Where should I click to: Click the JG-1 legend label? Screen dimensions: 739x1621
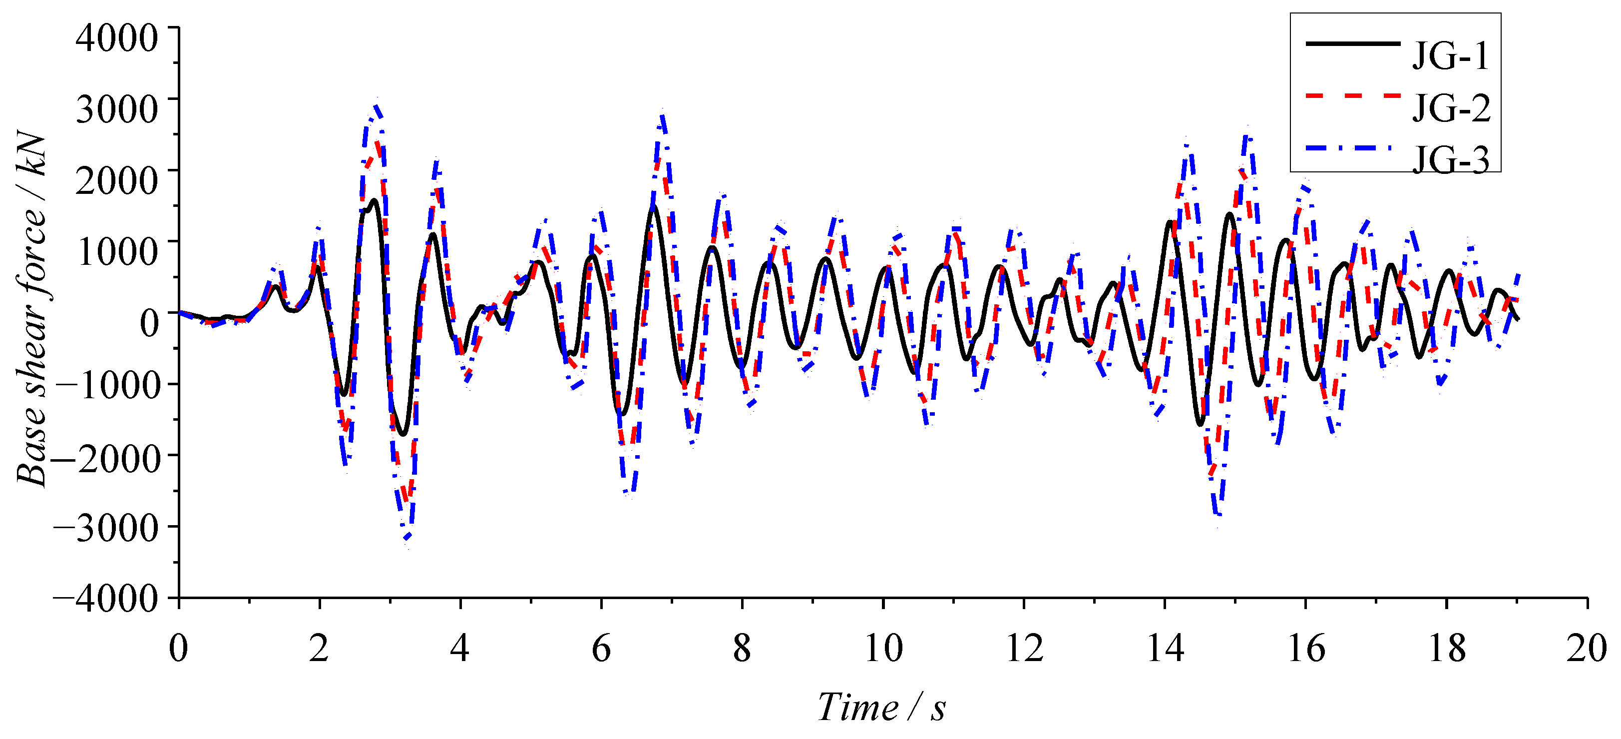(1451, 56)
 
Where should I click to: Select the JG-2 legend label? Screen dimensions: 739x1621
(1451, 108)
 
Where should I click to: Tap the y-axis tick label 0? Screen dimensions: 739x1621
(149, 323)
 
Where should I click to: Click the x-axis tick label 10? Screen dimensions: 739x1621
(883, 649)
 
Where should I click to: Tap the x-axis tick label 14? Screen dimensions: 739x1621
(1165, 649)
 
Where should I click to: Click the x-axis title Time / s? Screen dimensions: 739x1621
(881, 708)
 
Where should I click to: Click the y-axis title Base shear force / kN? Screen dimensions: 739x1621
(31, 308)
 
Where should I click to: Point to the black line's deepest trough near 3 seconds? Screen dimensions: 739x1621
(403, 434)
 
